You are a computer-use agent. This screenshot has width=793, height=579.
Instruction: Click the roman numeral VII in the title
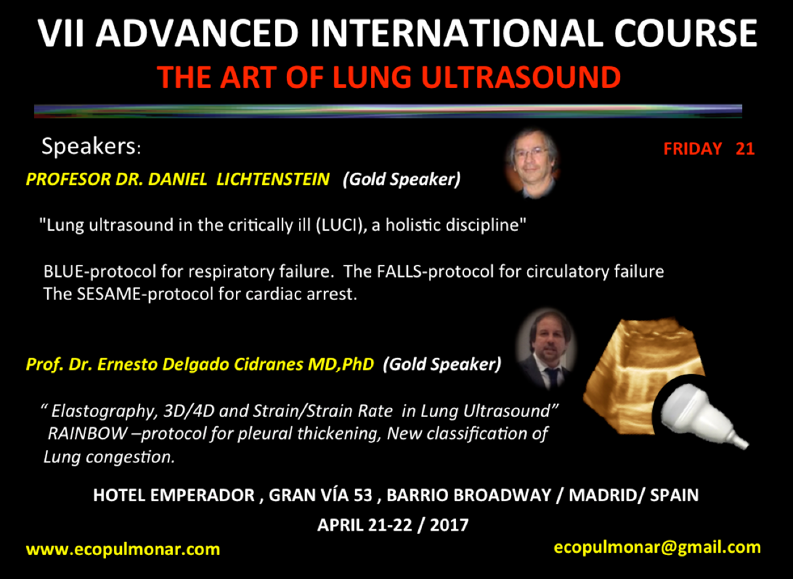click(61, 33)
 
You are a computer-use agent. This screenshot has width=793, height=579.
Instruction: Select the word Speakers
click(89, 146)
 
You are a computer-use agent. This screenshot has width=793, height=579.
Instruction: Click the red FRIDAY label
click(693, 149)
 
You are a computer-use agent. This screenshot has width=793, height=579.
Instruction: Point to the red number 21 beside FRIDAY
click(745, 149)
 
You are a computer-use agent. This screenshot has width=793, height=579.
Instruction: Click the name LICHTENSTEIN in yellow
click(273, 179)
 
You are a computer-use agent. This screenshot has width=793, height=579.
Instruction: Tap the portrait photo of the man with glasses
click(532, 162)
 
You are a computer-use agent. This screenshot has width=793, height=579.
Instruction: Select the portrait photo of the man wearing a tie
click(547, 349)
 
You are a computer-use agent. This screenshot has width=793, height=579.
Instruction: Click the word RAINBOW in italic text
click(87, 433)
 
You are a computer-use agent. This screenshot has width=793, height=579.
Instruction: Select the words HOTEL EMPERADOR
click(173, 495)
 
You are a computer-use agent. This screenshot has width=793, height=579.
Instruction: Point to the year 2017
click(449, 525)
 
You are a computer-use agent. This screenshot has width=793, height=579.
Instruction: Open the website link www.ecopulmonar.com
click(123, 549)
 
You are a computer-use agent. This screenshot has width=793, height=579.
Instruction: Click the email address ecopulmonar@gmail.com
click(657, 548)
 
